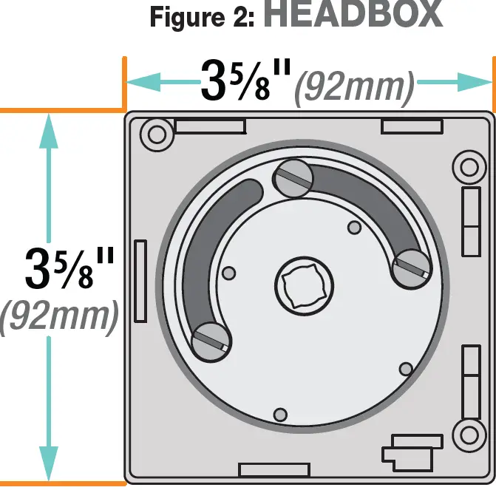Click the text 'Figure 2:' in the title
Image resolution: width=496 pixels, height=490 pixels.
coord(202,16)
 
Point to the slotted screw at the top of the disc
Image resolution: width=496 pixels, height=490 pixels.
coord(292,179)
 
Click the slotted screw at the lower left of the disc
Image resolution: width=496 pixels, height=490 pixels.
coord(211,341)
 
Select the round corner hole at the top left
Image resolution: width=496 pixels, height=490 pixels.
coord(157,135)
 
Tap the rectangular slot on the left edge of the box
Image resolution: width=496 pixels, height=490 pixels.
coord(140,282)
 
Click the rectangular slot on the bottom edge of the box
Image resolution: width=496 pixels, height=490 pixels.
coord(274,469)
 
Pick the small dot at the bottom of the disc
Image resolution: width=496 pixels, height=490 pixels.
coord(279,414)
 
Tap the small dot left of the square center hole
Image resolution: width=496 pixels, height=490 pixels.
coord(229,273)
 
